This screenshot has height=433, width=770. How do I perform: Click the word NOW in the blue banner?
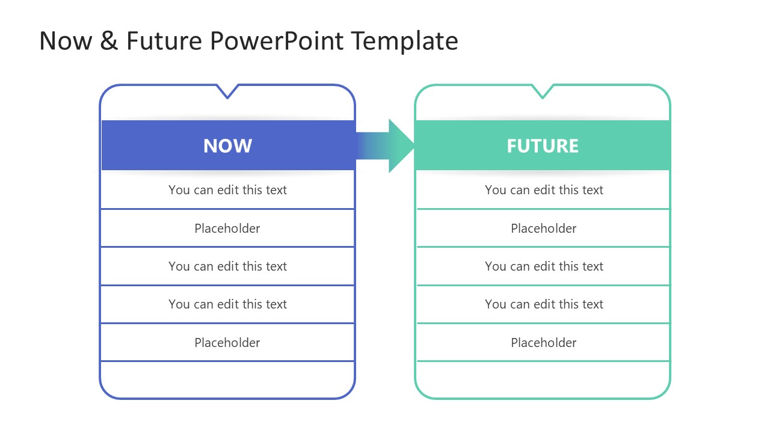click(227, 146)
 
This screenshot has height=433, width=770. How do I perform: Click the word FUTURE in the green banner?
click(542, 146)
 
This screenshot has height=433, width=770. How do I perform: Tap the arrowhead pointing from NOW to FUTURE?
click(400, 146)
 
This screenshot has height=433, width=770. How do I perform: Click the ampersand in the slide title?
click(109, 41)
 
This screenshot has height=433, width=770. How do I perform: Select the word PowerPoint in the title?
click(277, 41)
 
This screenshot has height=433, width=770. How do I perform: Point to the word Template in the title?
click(404, 41)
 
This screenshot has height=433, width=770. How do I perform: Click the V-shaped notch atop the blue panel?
click(227, 91)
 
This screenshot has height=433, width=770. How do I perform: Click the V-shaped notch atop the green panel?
click(542, 91)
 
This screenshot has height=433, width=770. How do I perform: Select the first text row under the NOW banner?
click(227, 190)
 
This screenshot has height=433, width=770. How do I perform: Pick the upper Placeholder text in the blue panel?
click(227, 229)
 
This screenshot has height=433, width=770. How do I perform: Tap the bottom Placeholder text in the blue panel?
click(227, 343)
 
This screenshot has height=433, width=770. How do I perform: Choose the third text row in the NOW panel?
click(227, 266)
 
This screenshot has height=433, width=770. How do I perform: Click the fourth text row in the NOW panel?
click(227, 304)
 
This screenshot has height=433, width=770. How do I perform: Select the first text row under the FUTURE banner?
click(544, 190)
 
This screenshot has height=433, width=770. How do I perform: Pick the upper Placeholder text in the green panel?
click(544, 229)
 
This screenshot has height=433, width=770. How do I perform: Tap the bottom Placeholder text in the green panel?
click(544, 343)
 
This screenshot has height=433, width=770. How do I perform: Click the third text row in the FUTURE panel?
click(544, 266)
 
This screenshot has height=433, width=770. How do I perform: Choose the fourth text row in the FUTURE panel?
click(544, 304)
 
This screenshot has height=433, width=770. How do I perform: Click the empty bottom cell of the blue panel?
click(227, 379)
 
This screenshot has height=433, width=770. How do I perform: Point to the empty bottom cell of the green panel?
click(543, 379)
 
